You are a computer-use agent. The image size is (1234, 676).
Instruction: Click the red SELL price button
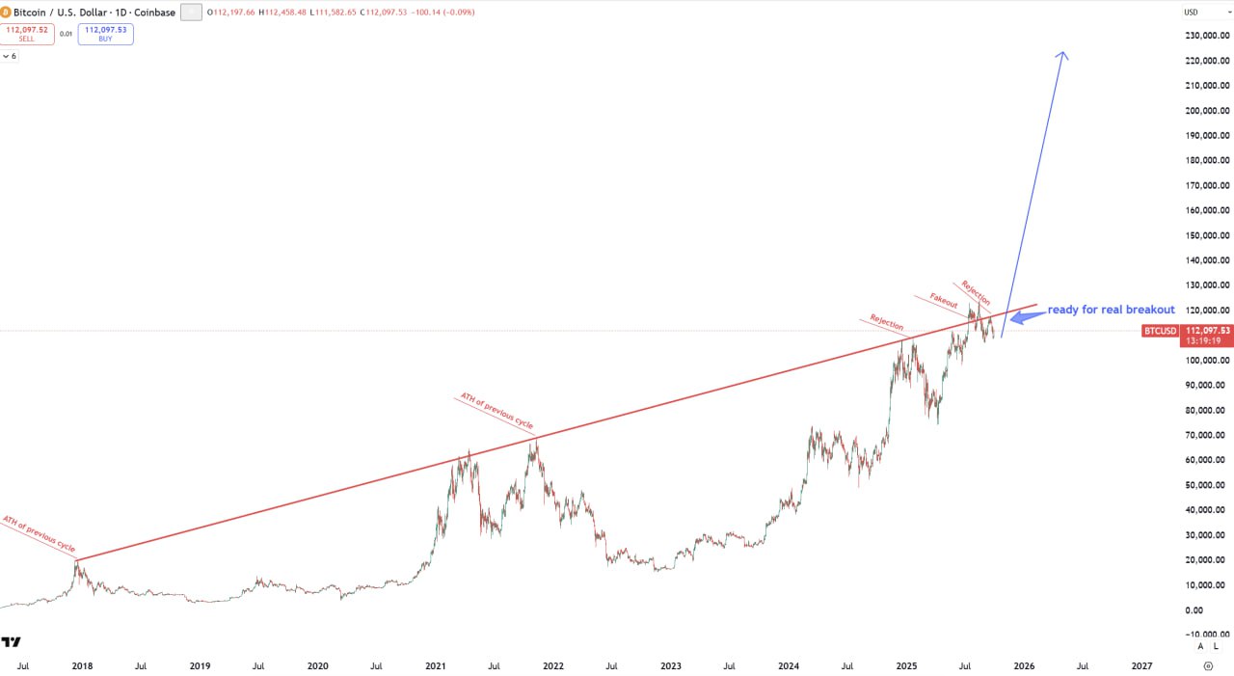[27, 34]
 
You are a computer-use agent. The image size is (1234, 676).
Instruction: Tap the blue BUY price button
[106, 34]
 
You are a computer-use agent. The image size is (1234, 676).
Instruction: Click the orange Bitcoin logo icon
[6, 13]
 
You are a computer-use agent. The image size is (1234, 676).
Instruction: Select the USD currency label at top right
[1191, 13]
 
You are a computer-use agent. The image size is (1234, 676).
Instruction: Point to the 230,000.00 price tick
[1206, 36]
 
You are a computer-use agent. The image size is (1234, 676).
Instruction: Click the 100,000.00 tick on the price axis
[1206, 361]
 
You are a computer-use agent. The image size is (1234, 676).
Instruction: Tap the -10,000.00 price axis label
[1206, 635]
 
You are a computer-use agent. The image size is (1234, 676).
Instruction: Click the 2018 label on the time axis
[82, 665]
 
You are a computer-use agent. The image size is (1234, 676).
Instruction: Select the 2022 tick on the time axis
[552, 665]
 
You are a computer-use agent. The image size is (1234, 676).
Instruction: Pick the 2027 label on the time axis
[1141, 665]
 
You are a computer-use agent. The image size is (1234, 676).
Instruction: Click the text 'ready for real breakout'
[1111, 310]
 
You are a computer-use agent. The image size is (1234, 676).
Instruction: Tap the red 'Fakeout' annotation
[944, 300]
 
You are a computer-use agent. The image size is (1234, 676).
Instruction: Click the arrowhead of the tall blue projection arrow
[1062, 55]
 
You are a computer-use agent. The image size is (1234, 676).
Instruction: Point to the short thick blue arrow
[1026, 315]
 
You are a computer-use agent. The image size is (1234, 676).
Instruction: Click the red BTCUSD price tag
[1159, 331]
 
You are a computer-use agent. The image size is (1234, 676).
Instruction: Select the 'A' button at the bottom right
[1200, 646]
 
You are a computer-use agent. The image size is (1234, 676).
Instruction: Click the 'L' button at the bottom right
[1216, 646]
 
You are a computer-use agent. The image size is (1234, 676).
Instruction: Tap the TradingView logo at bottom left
[11, 641]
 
